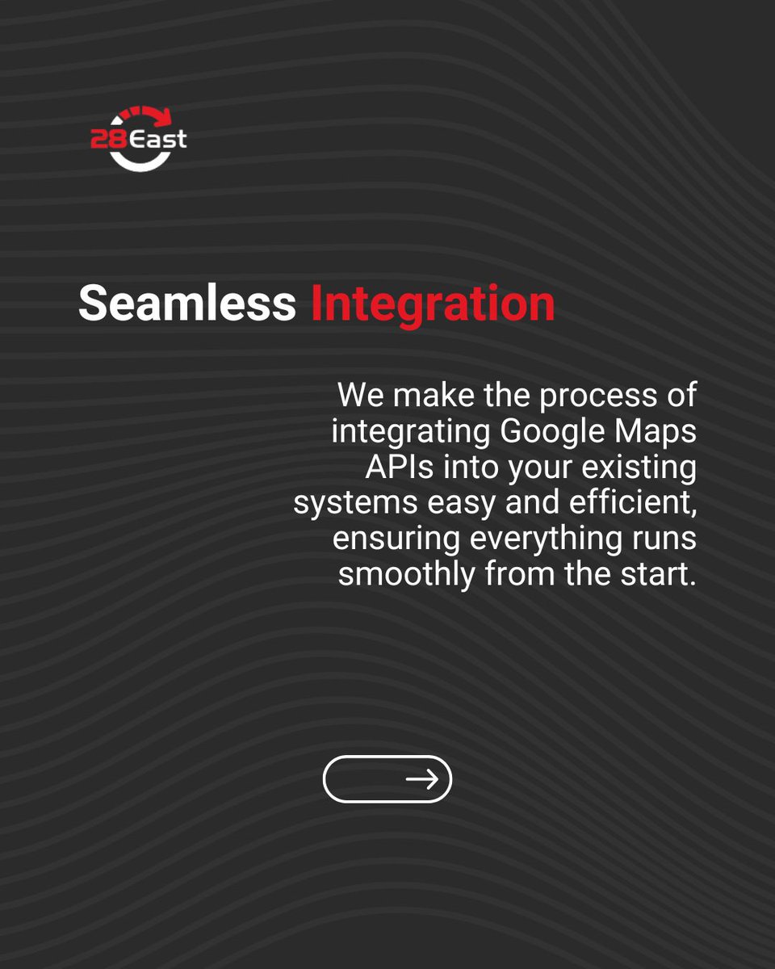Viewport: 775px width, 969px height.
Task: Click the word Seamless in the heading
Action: [x=186, y=303]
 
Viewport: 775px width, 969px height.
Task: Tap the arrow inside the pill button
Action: [x=421, y=778]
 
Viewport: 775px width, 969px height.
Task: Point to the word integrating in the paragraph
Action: [x=410, y=431]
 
